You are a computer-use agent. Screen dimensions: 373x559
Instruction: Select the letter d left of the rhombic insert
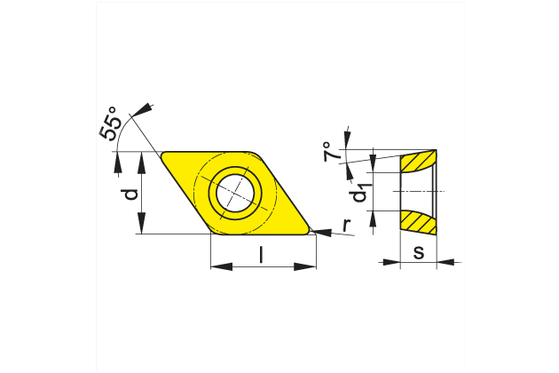pyautogui.click(x=130, y=193)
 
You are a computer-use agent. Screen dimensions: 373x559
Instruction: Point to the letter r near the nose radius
pyautogui.click(x=345, y=227)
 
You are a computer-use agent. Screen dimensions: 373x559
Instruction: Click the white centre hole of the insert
pyautogui.click(x=237, y=190)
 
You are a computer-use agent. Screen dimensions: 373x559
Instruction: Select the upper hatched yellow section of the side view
pyautogui.click(x=418, y=162)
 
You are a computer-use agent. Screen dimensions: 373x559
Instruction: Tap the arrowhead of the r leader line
pyautogui.click(x=322, y=233)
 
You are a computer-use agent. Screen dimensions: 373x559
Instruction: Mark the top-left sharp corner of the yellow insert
pyautogui.click(x=162, y=153)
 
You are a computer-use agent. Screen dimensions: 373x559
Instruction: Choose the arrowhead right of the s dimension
pyautogui.click(x=445, y=262)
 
